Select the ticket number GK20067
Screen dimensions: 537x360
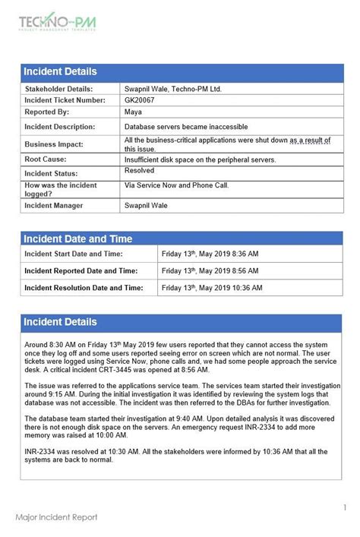click(139, 100)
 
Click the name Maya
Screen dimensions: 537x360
click(133, 112)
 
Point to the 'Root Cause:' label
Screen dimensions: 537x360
click(46, 160)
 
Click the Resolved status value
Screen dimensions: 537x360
click(139, 171)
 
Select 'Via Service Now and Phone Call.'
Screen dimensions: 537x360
click(176, 185)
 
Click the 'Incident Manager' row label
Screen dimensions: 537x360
click(54, 205)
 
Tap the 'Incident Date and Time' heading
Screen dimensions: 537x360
click(77, 238)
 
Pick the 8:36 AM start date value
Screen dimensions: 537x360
click(210, 254)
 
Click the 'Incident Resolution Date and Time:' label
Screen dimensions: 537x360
click(84, 288)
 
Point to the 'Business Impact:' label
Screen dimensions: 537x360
click(54, 144)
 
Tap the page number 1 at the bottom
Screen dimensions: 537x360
click(344, 507)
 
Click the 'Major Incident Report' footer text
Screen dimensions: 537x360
click(56, 517)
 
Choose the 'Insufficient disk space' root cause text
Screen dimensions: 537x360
click(200, 160)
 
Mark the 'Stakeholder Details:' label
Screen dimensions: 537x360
click(59, 89)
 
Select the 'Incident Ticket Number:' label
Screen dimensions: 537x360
click(65, 100)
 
